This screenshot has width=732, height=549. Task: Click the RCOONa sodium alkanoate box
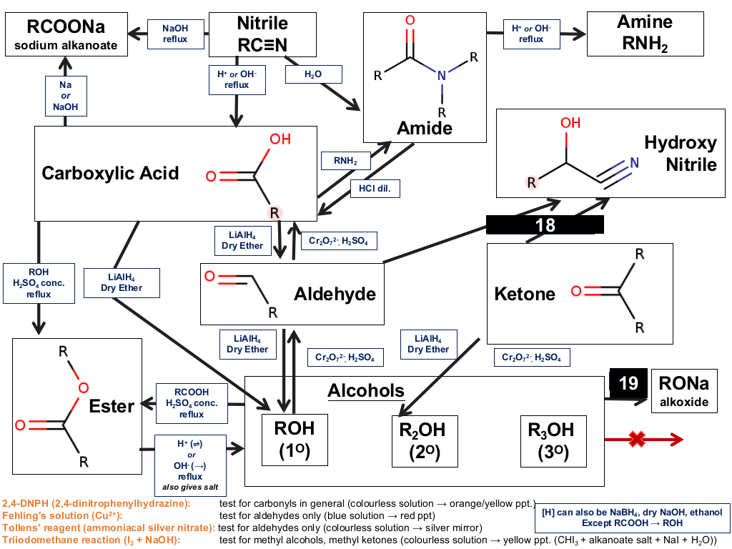pyautogui.click(x=66, y=34)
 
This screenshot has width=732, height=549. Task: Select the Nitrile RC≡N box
pyautogui.click(x=262, y=34)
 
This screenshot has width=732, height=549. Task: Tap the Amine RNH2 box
pyautogui.click(x=646, y=34)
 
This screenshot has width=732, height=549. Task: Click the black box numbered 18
pyautogui.click(x=545, y=224)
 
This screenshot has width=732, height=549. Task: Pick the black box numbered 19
pyautogui.click(x=628, y=383)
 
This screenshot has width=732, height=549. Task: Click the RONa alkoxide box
pyautogui.click(x=684, y=391)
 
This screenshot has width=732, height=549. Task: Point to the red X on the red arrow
pyautogui.click(x=637, y=439)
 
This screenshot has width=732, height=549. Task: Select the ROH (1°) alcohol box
pyautogui.click(x=295, y=440)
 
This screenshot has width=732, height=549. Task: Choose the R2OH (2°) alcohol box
pyautogui.click(x=425, y=441)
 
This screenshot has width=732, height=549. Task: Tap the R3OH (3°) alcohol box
pyautogui.click(x=553, y=441)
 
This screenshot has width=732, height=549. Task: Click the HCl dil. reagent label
pyautogui.click(x=375, y=189)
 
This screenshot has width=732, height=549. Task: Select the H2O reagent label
pyautogui.click(x=313, y=74)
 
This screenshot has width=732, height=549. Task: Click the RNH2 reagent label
pyautogui.click(x=345, y=161)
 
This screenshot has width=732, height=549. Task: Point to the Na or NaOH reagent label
pyautogui.click(x=66, y=96)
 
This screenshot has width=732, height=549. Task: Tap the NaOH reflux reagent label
pyautogui.click(x=176, y=34)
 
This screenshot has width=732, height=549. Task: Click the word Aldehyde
pyautogui.click(x=335, y=294)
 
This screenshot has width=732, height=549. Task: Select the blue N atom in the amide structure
pyautogui.click(x=442, y=76)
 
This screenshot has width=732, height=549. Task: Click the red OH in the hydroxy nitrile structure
pyautogui.click(x=570, y=123)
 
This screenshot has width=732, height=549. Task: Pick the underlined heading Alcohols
pyautogui.click(x=366, y=391)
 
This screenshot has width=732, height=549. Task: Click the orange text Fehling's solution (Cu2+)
pyautogui.click(x=62, y=516)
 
